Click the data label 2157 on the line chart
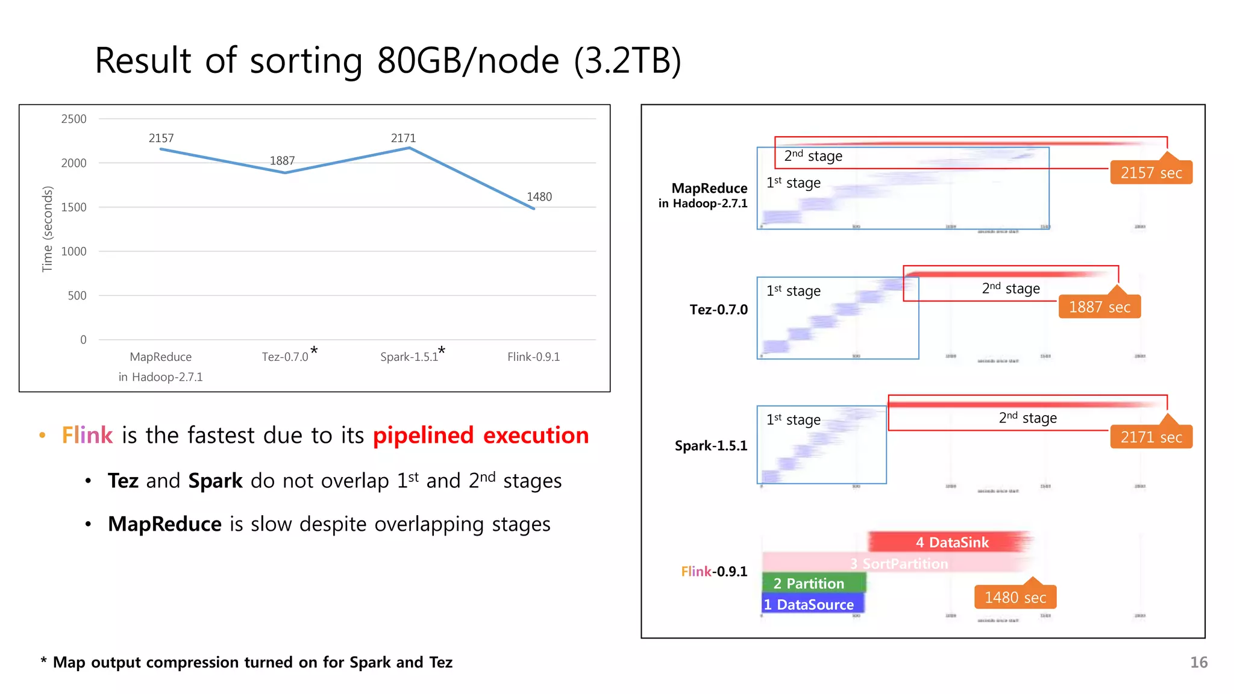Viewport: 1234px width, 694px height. click(x=161, y=138)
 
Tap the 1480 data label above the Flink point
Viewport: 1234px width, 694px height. click(x=539, y=196)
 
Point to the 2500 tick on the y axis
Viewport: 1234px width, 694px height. click(x=74, y=119)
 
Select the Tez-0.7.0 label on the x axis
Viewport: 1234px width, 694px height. click(x=285, y=357)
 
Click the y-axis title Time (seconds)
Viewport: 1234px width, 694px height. click(x=47, y=229)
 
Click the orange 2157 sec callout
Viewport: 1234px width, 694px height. click(x=1151, y=173)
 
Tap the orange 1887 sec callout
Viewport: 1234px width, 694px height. click(x=1099, y=307)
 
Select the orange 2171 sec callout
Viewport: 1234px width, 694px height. click(x=1151, y=437)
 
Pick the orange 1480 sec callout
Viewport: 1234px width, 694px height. click(x=1015, y=597)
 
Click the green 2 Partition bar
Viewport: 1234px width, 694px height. click(x=813, y=583)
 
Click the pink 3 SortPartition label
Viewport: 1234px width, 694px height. click(x=898, y=564)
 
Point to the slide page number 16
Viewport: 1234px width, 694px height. click(x=1198, y=662)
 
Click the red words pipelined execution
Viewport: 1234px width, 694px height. click(x=480, y=435)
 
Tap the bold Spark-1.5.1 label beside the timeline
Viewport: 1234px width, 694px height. click(x=710, y=446)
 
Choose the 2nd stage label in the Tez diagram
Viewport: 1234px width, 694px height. click(x=1010, y=289)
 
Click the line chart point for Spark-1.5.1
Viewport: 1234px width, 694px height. click(x=409, y=148)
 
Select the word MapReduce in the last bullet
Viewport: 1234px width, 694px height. click(x=164, y=524)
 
